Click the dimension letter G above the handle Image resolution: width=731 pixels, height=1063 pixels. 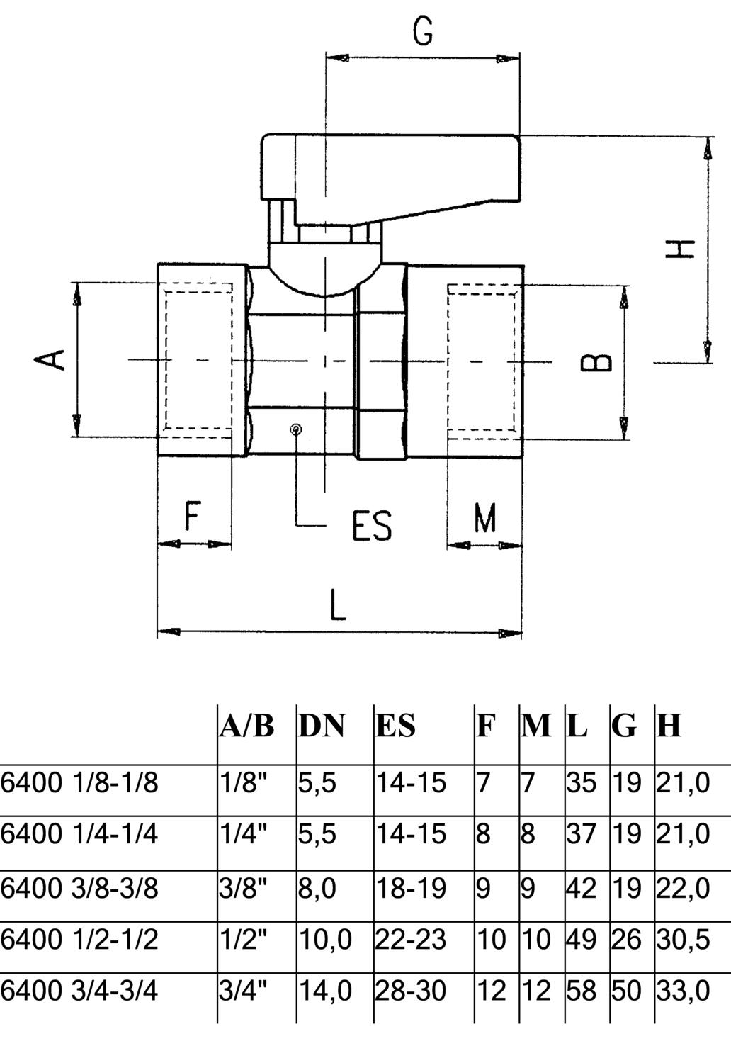(x=423, y=31)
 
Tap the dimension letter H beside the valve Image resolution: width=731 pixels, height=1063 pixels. (x=681, y=249)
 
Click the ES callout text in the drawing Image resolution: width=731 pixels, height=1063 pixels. (x=372, y=525)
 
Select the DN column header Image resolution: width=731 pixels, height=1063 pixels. (x=322, y=726)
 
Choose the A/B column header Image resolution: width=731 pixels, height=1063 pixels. (x=246, y=726)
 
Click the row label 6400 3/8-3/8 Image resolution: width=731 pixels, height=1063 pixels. (x=79, y=887)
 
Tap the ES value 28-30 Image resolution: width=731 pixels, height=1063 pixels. (x=411, y=990)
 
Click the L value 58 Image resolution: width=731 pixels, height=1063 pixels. (x=581, y=990)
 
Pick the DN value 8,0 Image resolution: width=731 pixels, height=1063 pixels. (x=317, y=887)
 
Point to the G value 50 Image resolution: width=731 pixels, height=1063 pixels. (x=626, y=990)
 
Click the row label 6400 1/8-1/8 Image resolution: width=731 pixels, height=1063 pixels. (x=79, y=783)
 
